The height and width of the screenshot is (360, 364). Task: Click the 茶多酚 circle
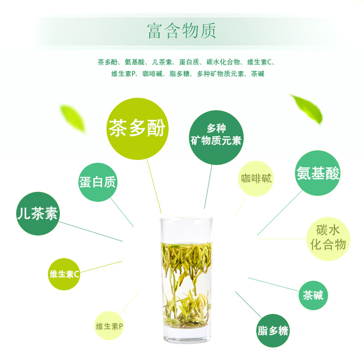137,129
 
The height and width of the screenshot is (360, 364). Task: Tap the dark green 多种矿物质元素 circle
216,137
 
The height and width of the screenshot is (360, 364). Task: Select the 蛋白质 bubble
98,182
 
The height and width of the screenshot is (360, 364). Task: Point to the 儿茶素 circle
38,213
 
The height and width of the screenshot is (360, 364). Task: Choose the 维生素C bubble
64,274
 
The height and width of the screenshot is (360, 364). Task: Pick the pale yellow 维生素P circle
109,325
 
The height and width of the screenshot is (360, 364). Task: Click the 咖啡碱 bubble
256,178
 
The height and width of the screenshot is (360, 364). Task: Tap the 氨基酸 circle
318,173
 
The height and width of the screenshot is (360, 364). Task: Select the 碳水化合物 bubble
328,239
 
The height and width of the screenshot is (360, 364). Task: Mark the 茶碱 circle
313,295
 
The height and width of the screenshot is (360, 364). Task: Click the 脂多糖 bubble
273,330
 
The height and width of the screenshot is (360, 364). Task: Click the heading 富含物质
182,31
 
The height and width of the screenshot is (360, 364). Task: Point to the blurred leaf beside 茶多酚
73,119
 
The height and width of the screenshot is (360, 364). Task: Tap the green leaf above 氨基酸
307,109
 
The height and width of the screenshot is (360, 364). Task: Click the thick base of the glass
187,335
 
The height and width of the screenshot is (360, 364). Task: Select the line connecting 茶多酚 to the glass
154,187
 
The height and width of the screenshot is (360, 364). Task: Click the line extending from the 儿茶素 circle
90,231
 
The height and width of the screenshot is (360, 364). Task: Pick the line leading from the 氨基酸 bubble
280,213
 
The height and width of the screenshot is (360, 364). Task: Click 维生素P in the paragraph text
123,74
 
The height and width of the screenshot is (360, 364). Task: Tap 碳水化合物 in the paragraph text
223,62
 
